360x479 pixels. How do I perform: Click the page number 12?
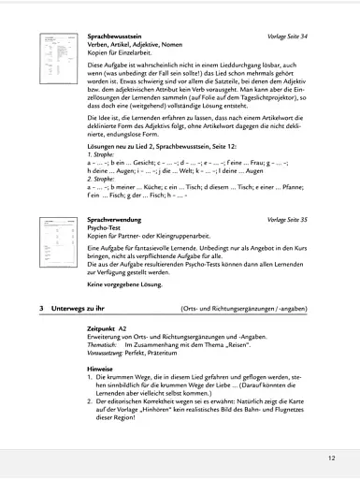pos(331,458)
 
